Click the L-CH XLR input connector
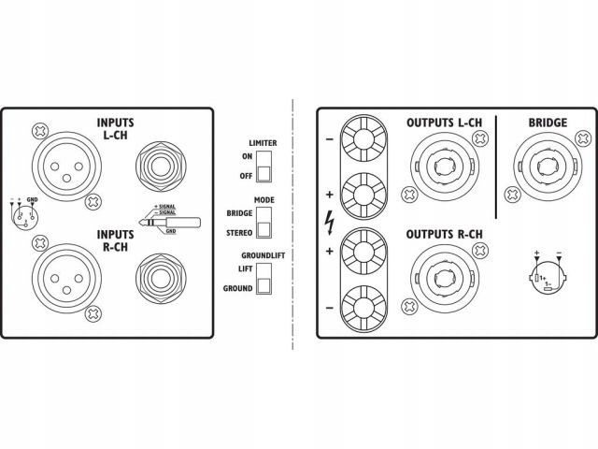(65, 166)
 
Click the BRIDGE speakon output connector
(541, 167)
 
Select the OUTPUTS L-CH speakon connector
(443, 168)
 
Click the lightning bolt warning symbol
(328, 224)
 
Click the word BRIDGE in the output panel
(547, 122)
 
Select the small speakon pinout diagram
(546, 274)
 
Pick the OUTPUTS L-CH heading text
(446, 122)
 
